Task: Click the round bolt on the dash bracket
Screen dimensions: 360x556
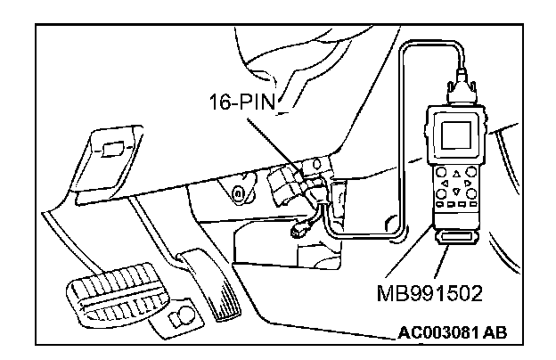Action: (x=237, y=192)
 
